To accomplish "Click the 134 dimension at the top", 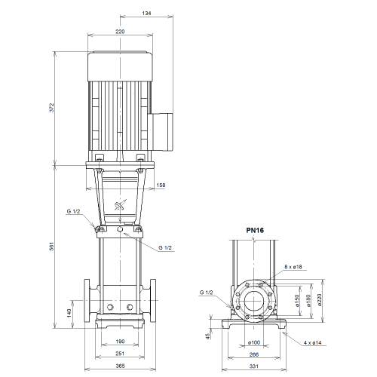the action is pyautogui.click(x=146, y=13).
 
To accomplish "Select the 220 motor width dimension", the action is pyautogui.click(x=120, y=32).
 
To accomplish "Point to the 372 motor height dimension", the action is pyautogui.click(x=51, y=108).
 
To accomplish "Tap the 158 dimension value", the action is pyautogui.click(x=161, y=185).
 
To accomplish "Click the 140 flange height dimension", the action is pyautogui.click(x=69, y=313).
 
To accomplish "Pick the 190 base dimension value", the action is pyautogui.click(x=120, y=342).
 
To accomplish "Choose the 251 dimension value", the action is pyautogui.click(x=120, y=354).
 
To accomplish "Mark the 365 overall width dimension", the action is pyautogui.click(x=120, y=366).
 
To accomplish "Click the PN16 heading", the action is pyautogui.click(x=255, y=231).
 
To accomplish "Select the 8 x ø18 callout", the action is pyautogui.click(x=293, y=267).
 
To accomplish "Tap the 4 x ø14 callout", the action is pyautogui.click(x=313, y=342).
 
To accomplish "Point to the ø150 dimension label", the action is pyautogui.click(x=297, y=301).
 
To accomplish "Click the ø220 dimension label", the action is pyautogui.click(x=319, y=300).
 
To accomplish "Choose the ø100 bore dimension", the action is pyautogui.click(x=254, y=342).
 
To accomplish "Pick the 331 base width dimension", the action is pyautogui.click(x=254, y=366).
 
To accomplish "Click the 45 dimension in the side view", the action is pyautogui.click(x=208, y=336).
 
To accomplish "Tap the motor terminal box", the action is pyautogui.click(x=161, y=132).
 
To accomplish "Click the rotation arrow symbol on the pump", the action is pyautogui.click(x=120, y=205).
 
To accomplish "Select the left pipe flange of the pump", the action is pyautogui.click(x=87, y=301).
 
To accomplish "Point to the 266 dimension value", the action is pyautogui.click(x=254, y=354).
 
